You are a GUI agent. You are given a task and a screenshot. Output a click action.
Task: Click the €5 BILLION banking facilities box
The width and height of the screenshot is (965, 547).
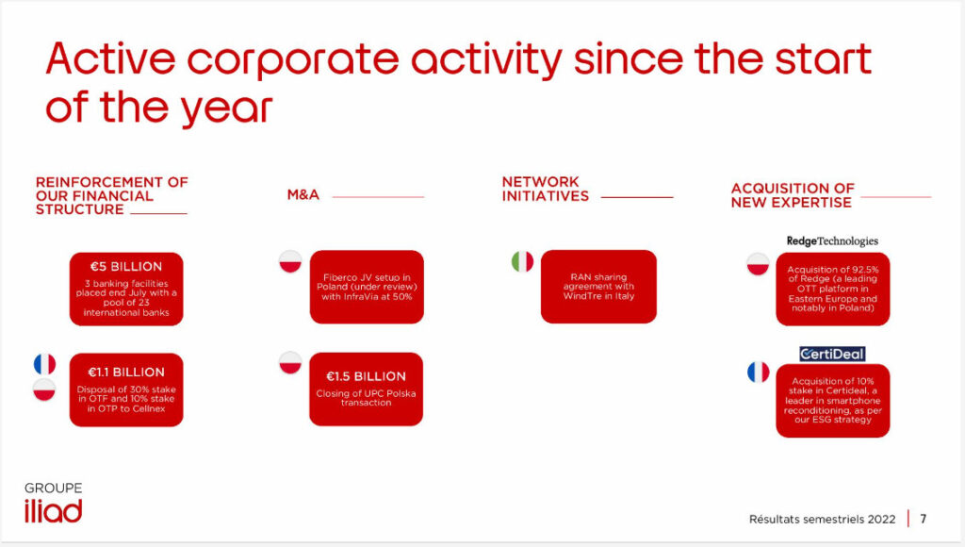click(126, 289)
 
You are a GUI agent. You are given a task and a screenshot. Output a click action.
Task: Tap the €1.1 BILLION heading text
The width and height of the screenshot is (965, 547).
click(126, 373)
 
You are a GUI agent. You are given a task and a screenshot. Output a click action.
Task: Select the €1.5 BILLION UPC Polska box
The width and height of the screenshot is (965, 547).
click(367, 390)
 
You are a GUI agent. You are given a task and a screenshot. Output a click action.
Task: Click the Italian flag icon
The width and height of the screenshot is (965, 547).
click(522, 262)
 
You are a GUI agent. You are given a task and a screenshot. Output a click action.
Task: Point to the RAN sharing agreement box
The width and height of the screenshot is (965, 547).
click(598, 287)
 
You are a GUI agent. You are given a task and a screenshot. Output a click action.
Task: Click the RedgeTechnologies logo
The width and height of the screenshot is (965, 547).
click(832, 240)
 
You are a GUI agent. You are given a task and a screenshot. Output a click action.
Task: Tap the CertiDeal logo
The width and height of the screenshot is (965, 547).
click(832, 354)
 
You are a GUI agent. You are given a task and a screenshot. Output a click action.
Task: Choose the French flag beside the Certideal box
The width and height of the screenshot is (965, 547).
click(759, 373)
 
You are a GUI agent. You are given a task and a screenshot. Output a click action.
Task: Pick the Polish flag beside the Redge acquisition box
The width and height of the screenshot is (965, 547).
click(759, 264)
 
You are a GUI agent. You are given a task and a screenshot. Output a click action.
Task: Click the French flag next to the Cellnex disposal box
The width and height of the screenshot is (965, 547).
click(44, 364)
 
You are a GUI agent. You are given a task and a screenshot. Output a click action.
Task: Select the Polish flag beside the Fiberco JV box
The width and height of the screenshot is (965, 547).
click(290, 262)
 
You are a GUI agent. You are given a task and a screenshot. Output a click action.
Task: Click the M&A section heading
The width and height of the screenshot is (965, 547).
click(303, 194)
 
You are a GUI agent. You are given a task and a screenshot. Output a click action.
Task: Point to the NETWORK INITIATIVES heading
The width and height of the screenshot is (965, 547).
click(546, 190)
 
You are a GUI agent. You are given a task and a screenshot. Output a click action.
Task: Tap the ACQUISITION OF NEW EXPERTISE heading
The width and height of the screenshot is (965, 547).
click(793, 195)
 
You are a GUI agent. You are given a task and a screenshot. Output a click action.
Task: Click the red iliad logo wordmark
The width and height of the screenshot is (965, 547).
click(54, 511)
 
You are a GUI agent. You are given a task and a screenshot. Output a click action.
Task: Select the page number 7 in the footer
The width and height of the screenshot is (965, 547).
click(924, 519)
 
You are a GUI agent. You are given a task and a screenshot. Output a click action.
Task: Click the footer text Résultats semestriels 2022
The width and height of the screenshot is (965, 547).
click(822, 520)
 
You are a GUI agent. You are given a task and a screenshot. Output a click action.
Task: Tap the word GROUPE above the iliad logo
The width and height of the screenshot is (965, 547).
click(54, 488)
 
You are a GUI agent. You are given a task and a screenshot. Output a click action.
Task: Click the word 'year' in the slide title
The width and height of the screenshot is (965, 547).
click(226, 108)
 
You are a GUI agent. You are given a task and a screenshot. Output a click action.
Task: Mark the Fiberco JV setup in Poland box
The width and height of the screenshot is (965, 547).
click(367, 287)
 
